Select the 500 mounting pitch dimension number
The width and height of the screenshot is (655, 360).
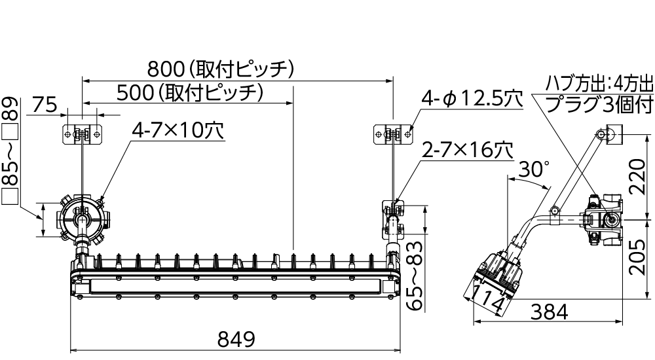click(x=134, y=93)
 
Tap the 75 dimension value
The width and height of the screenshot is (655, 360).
click(x=45, y=105)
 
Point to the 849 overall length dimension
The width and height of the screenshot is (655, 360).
click(x=236, y=340)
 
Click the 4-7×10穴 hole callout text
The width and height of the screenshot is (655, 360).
click(x=178, y=131)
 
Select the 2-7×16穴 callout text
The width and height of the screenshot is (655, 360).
click(x=468, y=150)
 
